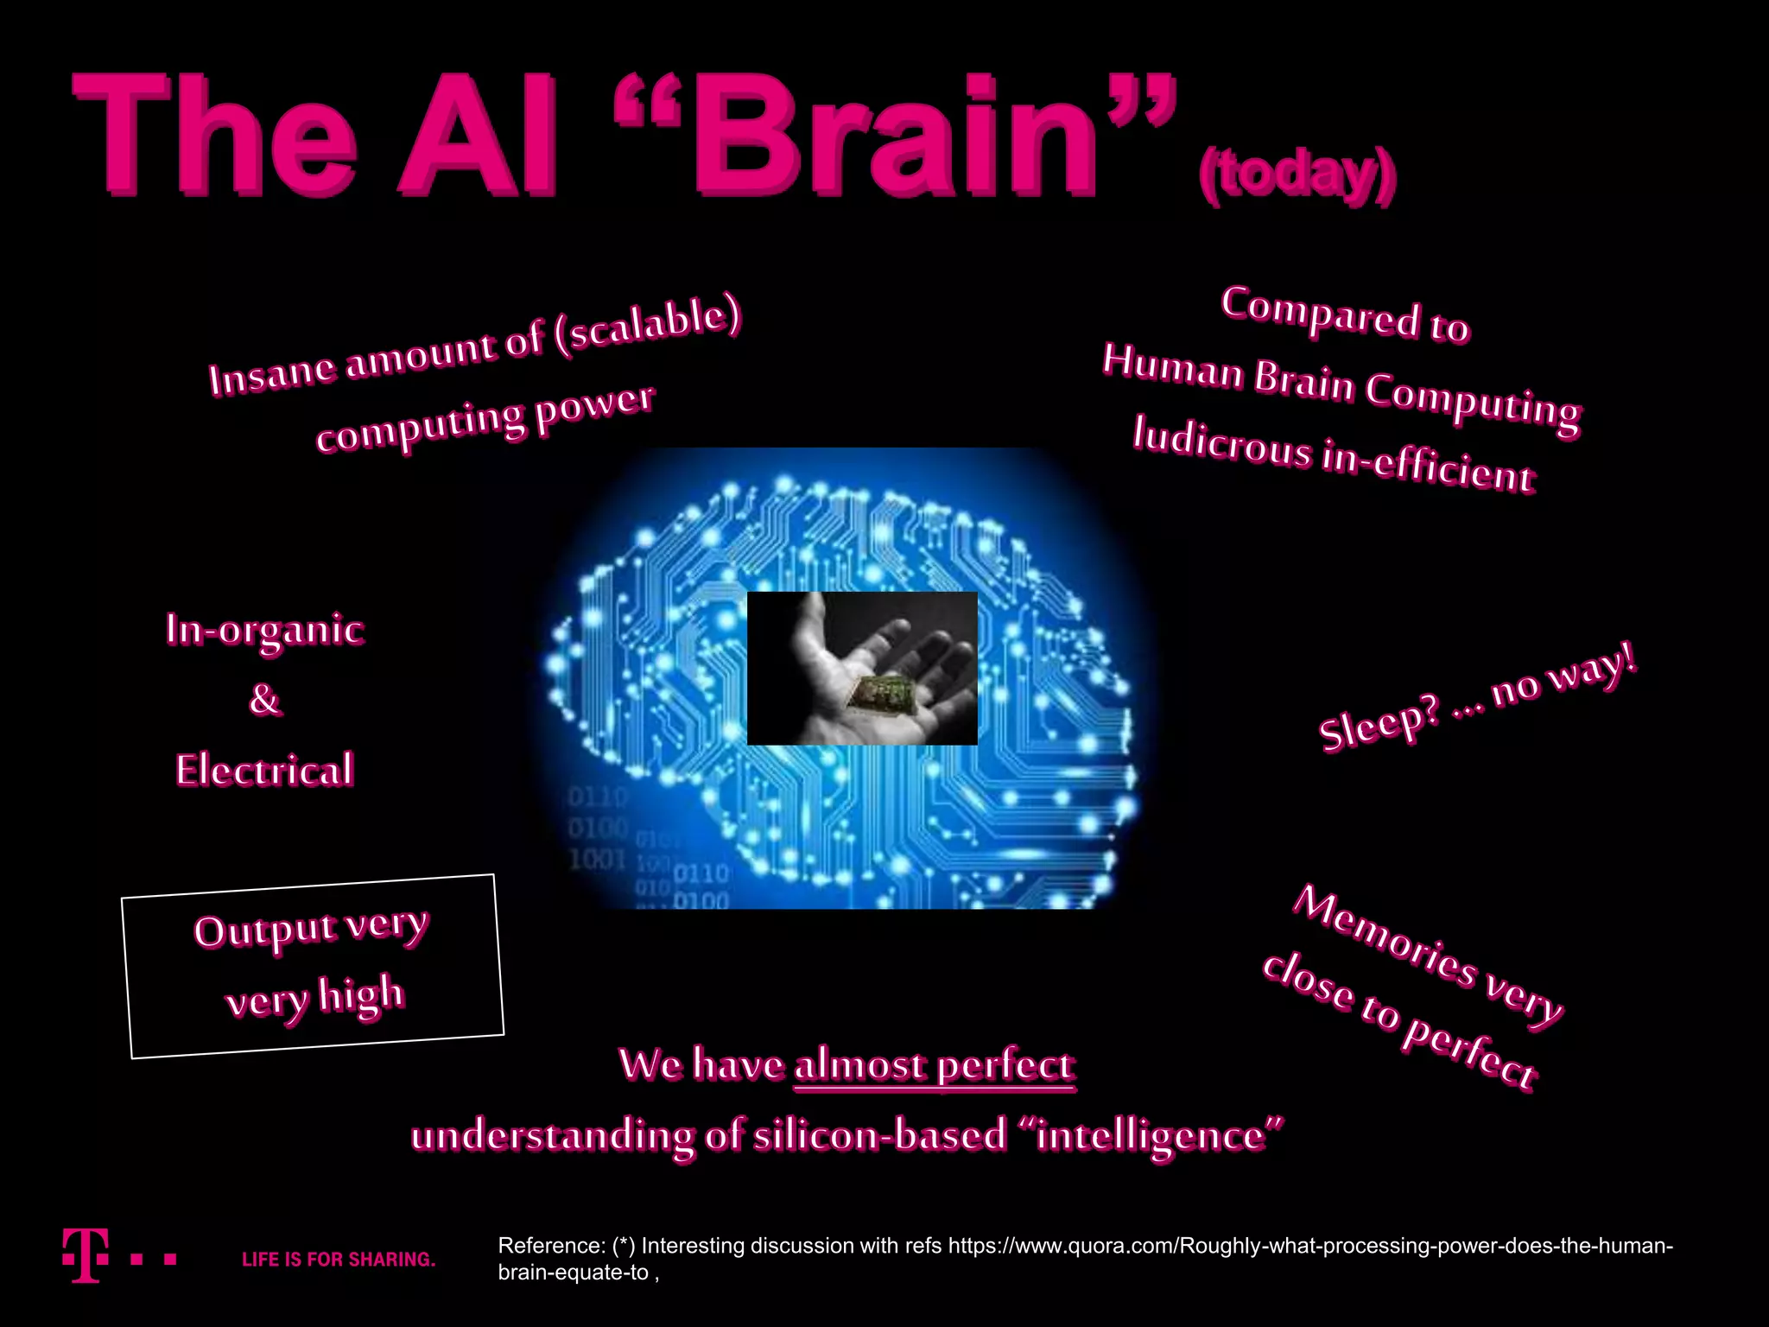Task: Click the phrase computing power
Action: [485, 419]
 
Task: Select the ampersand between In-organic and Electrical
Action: [264, 700]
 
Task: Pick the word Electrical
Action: [265, 770]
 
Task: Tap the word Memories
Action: [1385, 937]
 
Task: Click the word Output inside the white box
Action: [265, 932]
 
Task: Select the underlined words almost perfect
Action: [935, 1066]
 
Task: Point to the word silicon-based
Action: [880, 1135]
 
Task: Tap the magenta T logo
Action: [86, 1254]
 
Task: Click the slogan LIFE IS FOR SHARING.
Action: [339, 1260]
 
